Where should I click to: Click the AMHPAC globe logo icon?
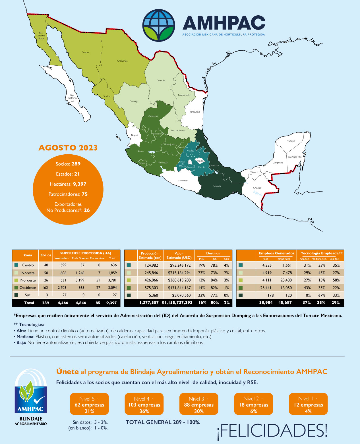[x=159, y=25]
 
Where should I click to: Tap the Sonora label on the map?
[x=85, y=52]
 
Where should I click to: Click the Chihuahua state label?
[x=122, y=61]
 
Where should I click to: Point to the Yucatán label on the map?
[x=291, y=141]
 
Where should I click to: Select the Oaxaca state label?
[x=217, y=186]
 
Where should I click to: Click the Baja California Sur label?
[x=72, y=98]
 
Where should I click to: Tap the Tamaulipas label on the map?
[x=195, y=112]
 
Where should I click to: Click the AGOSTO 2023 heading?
[x=68, y=148]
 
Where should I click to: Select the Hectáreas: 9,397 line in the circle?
[x=68, y=184]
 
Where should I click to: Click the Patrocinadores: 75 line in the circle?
[x=68, y=194]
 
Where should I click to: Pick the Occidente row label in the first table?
[x=28, y=288]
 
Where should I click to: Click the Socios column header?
[x=46, y=255]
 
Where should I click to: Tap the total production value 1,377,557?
[x=149, y=302]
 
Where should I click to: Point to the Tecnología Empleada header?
[x=321, y=253]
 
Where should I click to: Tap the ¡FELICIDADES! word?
[x=272, y=430]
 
